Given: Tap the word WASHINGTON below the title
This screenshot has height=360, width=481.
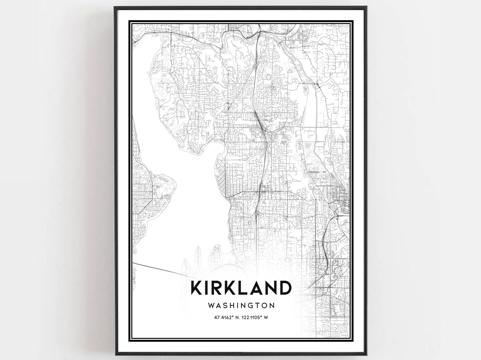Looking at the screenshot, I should point(241,305).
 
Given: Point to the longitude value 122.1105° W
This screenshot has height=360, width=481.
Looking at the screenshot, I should point(254,318).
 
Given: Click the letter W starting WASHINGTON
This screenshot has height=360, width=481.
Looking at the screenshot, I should point(211,305).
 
